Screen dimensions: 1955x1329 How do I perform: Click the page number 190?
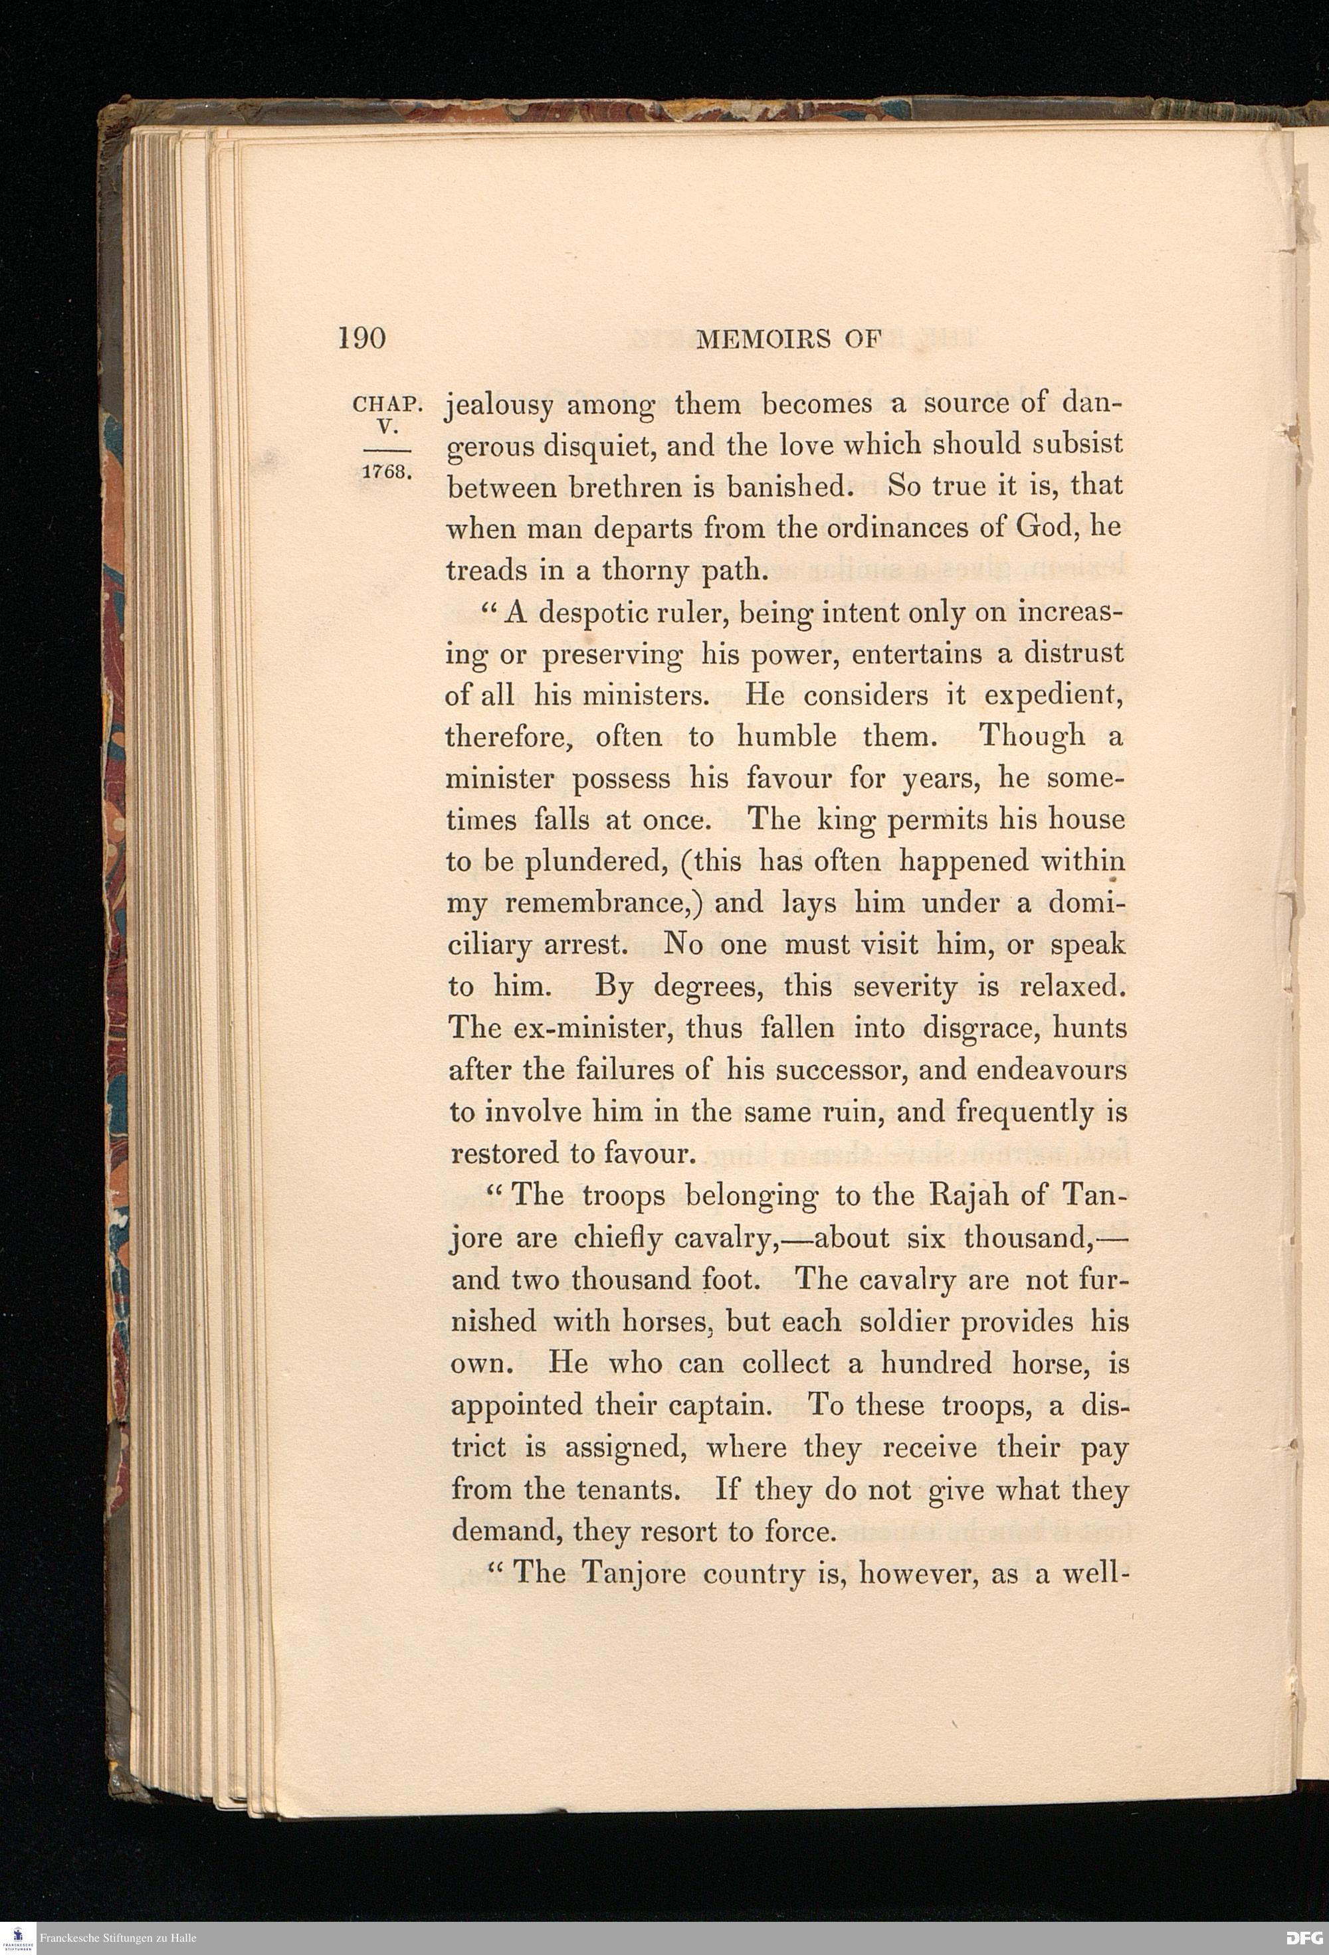click(361, 338)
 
